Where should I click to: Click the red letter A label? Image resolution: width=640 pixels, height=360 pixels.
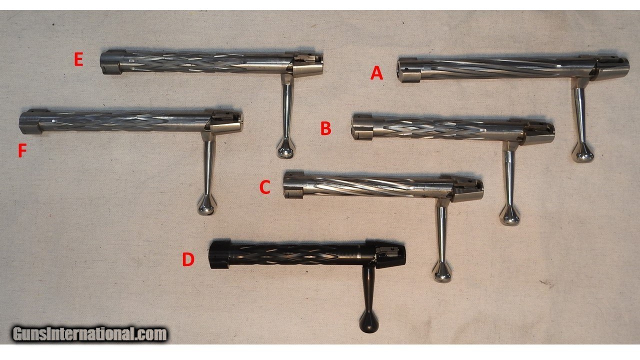pyautogui.click(x=376, y=73)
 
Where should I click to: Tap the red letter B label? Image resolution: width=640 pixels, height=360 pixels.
pyautogui.click(x=326, y=128)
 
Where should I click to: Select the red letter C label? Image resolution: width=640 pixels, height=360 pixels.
pyautogui.click(x=265, y=187)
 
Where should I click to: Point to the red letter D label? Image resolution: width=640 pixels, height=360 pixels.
pyautogui.click(x=188, y=259)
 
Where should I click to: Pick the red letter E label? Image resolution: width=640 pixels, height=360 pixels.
pyautogui.click(x=79, y=60)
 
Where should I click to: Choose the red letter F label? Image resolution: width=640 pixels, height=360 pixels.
pyautogui.click(x=22, y=150)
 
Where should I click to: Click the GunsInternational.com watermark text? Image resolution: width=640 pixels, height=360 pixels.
pyautogui.click(x=89, y=333)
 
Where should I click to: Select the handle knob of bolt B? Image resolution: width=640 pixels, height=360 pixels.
pyautogui.click(x=509, y=217)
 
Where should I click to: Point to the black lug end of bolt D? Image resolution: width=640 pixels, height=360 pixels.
pyautogui.click(x=219, y=254)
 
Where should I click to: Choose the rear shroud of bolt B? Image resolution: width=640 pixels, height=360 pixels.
pyautogui.click(x=538, y=134)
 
